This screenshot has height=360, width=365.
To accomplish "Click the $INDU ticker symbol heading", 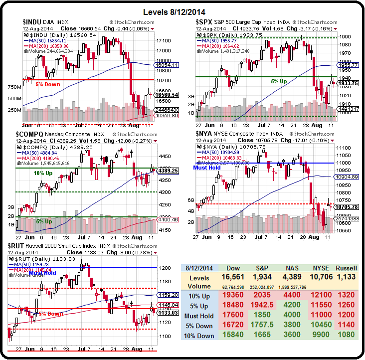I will click(x=34, y=22).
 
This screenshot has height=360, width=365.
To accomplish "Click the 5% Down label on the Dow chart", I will click(x=48, y=84).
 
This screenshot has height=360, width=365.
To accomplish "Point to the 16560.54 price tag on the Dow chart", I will click(x=167, y=94).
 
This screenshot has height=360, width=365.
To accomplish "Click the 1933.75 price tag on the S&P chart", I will click(x=348, y=83).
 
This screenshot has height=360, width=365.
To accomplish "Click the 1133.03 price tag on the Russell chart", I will click(x=167, y=313).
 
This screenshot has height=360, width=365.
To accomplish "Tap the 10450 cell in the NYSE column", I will click(x=319, y=326).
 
